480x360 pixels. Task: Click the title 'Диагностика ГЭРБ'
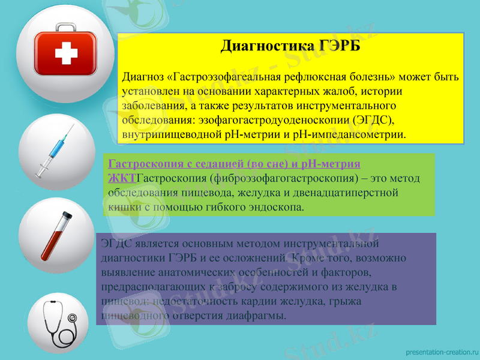291,46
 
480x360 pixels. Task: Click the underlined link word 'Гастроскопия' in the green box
140,164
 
